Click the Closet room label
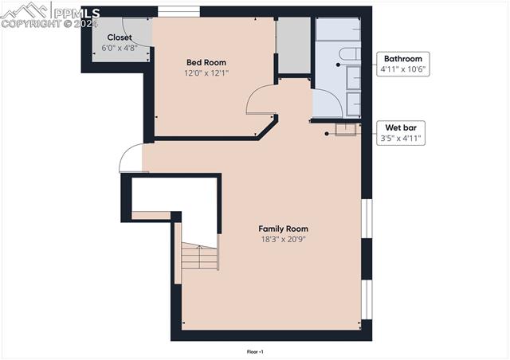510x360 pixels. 120,37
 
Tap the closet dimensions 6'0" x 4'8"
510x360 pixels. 120,48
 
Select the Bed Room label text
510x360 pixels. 206,62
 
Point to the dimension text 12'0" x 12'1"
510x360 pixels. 206,73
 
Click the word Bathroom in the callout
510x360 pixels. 403,59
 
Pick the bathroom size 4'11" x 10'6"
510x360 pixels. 403,69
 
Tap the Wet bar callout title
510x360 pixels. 403,127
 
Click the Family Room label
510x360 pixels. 283,229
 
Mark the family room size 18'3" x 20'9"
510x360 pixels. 283,239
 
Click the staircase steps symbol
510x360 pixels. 198,257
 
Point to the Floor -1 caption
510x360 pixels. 255,351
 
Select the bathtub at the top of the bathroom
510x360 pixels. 339,29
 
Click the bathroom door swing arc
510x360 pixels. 326,104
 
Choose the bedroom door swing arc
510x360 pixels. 261,100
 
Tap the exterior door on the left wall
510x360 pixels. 131,158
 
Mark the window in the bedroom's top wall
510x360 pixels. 178,11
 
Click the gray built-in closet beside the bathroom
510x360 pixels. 292,45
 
